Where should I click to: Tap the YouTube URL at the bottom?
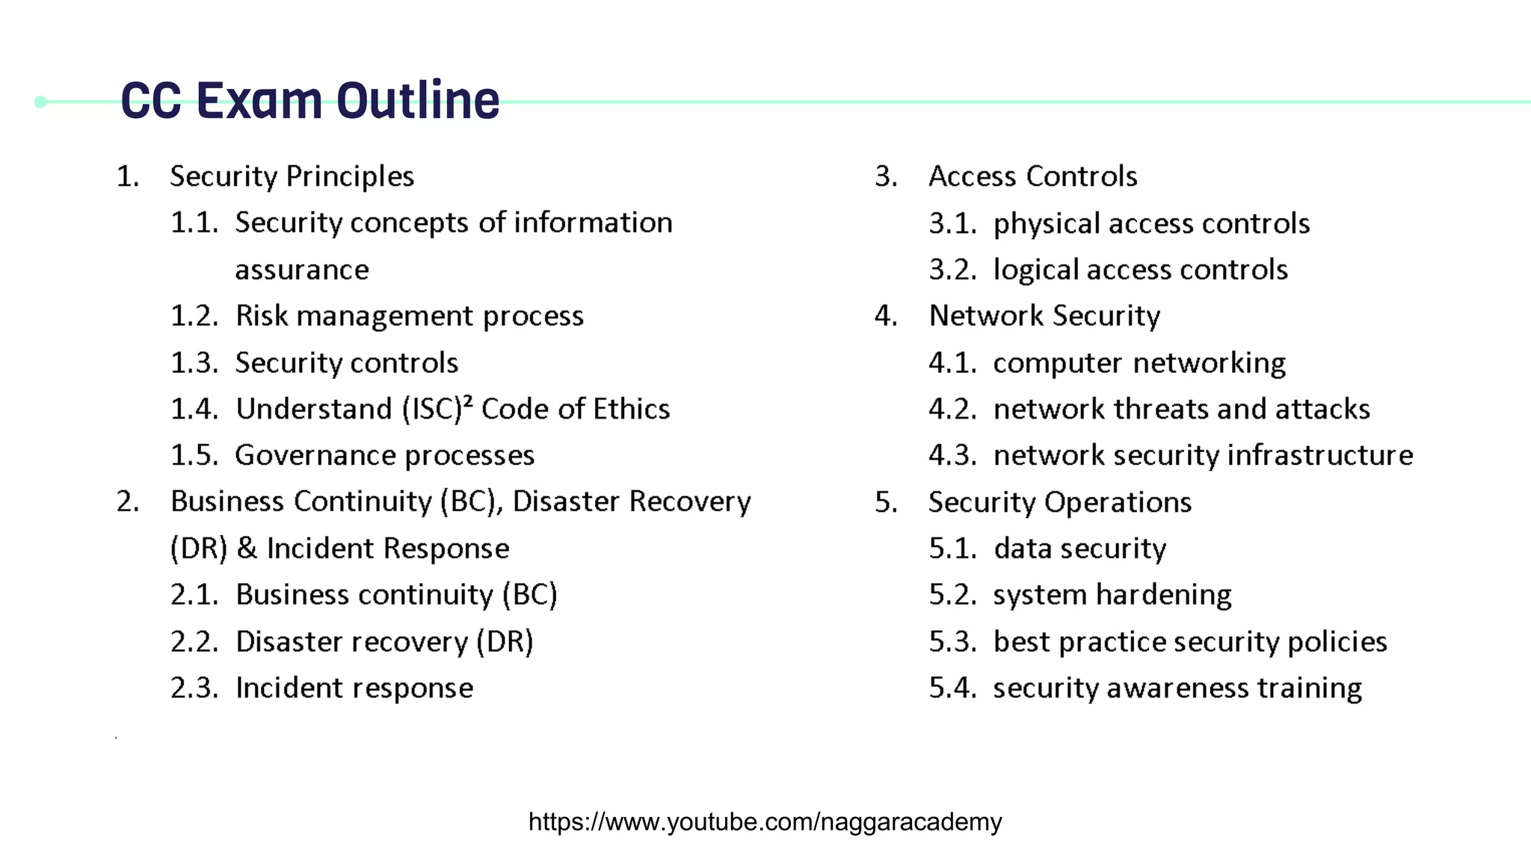(x=765, y=821)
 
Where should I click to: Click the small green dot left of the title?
(x=41, y=102)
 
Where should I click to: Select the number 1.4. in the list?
(x=194, y=409)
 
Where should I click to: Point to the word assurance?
(x=302, y=270)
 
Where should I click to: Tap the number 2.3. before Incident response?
(x=194, y=688)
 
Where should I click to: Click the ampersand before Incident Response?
(x=247, y=548)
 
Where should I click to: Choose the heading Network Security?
(x=1044, y=315)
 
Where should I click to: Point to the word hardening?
(x=1164, y=595)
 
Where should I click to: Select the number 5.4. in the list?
(x=952, y=688)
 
